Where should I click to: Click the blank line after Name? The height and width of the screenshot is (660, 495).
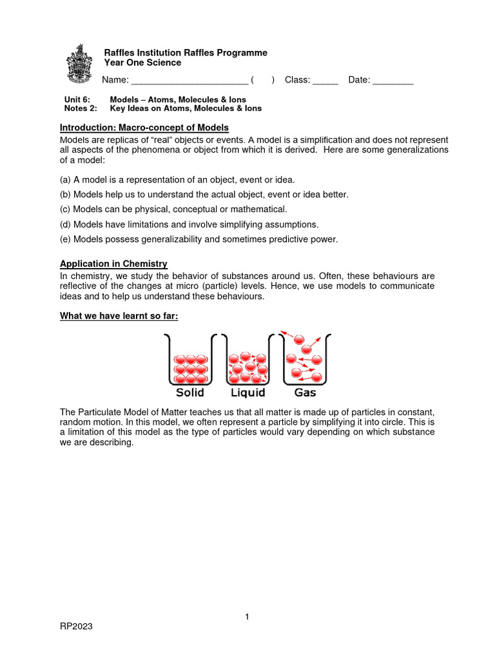pyautogui.click(x=189, y=81)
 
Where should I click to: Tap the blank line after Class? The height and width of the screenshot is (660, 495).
pyautogui.click(x=325, y=81)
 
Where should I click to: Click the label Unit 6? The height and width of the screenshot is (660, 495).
pyautogui.click(x=75, y=100)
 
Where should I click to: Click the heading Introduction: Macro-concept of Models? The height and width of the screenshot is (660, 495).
pyautogui.click(x=144, y=128)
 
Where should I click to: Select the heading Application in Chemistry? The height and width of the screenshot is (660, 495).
pyautogui.click(x=113, y=264)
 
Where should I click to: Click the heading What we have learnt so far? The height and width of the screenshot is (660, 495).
pyautogui.click(x=119, y=315)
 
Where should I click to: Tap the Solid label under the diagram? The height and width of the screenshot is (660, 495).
pyautogui.click(x=189, y=393)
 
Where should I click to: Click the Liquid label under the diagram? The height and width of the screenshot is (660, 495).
pyautogui.click(x=247, y=393)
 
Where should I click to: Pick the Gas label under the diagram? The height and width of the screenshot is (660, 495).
pyautogui.click(x=305, y=393)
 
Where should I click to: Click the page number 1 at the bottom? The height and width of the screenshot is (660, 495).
pyautogui.click(x=247, y=617)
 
